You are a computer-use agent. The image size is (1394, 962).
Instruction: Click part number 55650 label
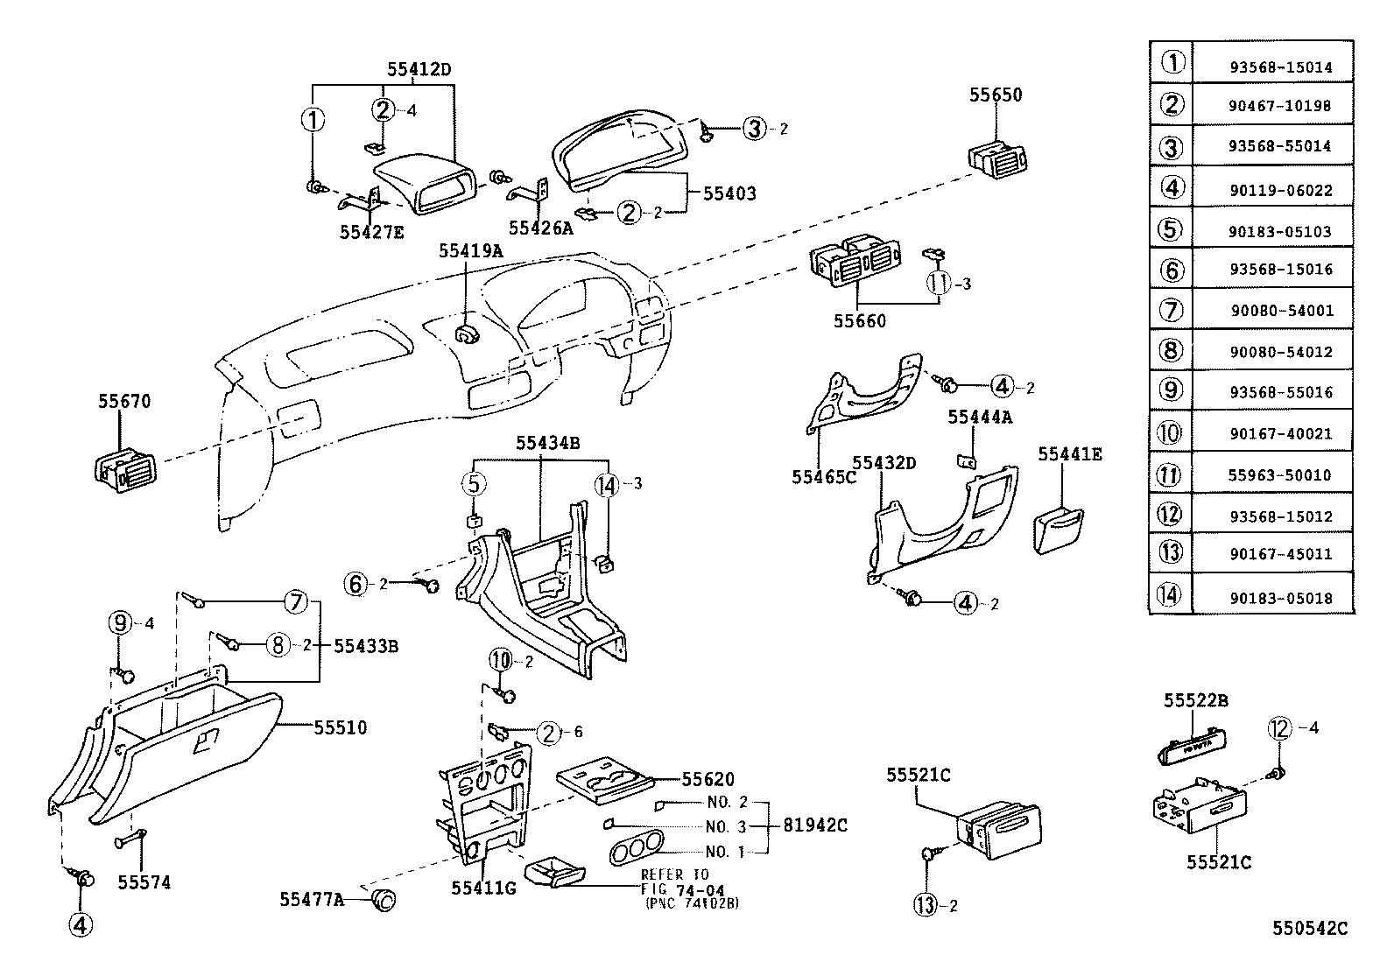(x=995, y=95)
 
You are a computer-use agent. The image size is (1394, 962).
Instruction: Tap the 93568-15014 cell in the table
(x=1279, y=67)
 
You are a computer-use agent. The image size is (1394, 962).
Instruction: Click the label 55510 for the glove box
(x=340, y=727)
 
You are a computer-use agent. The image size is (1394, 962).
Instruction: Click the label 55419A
(x=470, y=251)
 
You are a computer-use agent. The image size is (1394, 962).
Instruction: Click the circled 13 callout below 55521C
(x=926, y=906)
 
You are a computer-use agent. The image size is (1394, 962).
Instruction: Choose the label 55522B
(x=1195, y=700)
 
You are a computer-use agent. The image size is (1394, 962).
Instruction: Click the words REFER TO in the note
(x=675, y=874)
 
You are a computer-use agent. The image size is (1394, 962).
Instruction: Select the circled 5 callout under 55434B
(x=474, y=483)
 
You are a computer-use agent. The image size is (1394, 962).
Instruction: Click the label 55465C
(x=823, y=476)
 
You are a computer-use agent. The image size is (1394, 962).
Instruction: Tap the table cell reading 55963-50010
(x=1279, y=475)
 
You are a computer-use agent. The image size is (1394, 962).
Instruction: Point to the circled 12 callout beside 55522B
(x=1279, y=727)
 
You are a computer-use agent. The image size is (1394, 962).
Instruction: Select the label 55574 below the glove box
(x=144, y=882)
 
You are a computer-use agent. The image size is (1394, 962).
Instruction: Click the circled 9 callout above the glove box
(x=120, y=623)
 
